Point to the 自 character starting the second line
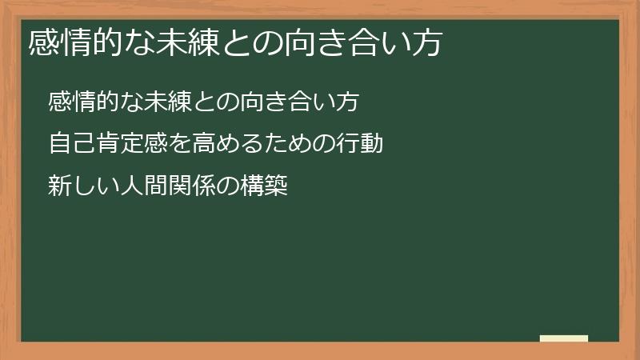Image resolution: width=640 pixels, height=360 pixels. (60, 144)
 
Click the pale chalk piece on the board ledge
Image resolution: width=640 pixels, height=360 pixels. (563, 338)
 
